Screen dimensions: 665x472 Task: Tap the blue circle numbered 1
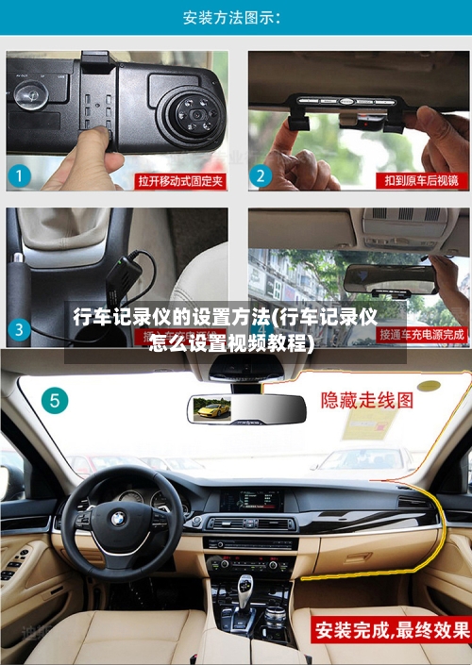coord(21,176)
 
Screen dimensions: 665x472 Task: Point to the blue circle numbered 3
coord(20,330)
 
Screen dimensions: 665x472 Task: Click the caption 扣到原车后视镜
coord(421,180)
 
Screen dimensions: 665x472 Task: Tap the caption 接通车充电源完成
coord(421,334)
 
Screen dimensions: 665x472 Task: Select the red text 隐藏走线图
coord(367,400)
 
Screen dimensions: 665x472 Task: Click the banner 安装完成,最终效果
coord(392,629)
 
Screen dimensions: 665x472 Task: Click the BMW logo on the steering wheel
coord(118,519)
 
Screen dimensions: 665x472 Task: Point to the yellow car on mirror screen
coord(211,409)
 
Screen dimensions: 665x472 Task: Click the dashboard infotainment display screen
coord(251,499)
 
